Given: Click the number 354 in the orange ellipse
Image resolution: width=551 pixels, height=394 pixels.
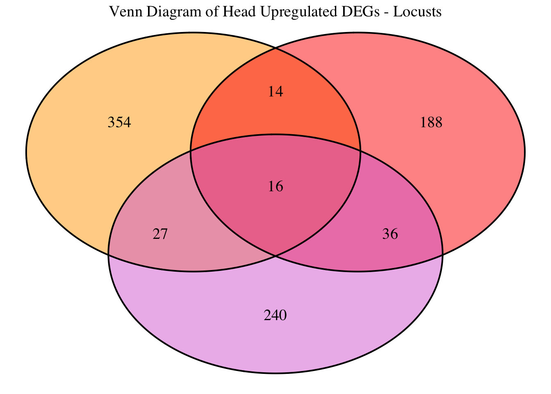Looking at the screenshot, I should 119,123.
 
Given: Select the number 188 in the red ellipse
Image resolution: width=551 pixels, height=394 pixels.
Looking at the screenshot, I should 431,123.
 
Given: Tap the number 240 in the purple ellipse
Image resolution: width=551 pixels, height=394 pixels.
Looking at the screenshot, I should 275,316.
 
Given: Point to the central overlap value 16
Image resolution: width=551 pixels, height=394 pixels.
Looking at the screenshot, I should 275,187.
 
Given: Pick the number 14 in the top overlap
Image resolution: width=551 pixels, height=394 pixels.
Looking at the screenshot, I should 275,92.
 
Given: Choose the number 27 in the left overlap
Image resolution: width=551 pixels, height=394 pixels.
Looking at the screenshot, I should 160,234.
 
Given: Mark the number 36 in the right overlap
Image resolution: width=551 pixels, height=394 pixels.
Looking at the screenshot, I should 390,234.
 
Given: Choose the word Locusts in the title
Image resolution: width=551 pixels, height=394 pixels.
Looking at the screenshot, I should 418,12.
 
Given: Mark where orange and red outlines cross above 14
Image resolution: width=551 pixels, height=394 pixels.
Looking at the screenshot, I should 275,48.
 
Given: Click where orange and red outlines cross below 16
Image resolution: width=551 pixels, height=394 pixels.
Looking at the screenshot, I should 275,256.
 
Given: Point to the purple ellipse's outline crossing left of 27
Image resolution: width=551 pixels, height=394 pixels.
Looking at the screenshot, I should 109,254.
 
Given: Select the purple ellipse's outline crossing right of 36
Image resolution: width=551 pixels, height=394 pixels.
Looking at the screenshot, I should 442,254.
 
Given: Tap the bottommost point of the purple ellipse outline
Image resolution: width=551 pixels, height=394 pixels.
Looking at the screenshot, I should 275,373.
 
